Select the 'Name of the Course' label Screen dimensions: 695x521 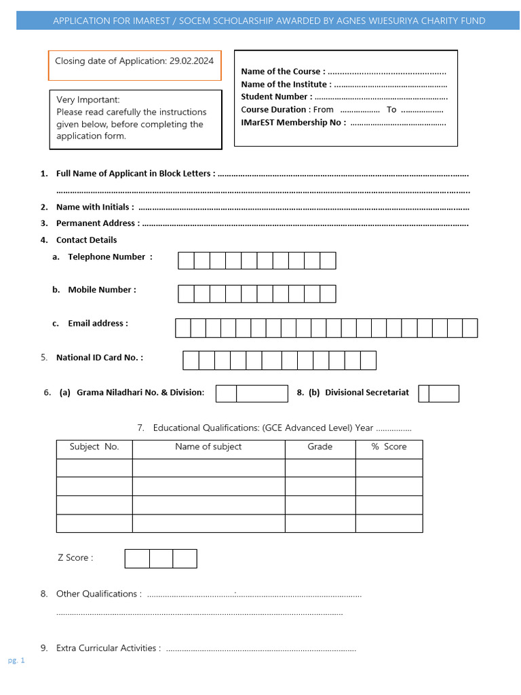tap(282, 71)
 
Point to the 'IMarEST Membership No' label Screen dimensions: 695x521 tap(293, 122)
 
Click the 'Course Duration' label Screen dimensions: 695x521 tap(273, 109)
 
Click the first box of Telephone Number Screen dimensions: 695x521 tap(186, 261)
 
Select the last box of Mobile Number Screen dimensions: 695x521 tap(328, 293)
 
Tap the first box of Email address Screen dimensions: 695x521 tap(182, 328)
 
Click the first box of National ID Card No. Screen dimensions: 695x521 tap(191, 360)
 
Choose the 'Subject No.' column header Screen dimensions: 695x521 tap(94, 447)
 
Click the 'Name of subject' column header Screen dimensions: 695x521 tap(208, 447)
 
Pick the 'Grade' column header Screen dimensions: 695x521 tap(320, 447)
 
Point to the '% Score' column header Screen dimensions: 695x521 tap(389, 447)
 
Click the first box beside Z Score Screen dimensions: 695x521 tap(137, 559)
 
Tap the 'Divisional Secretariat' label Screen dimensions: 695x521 tap(366, 392)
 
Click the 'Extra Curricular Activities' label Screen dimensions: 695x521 tap(108, 648)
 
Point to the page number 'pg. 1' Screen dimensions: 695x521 tap(16, 660)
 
